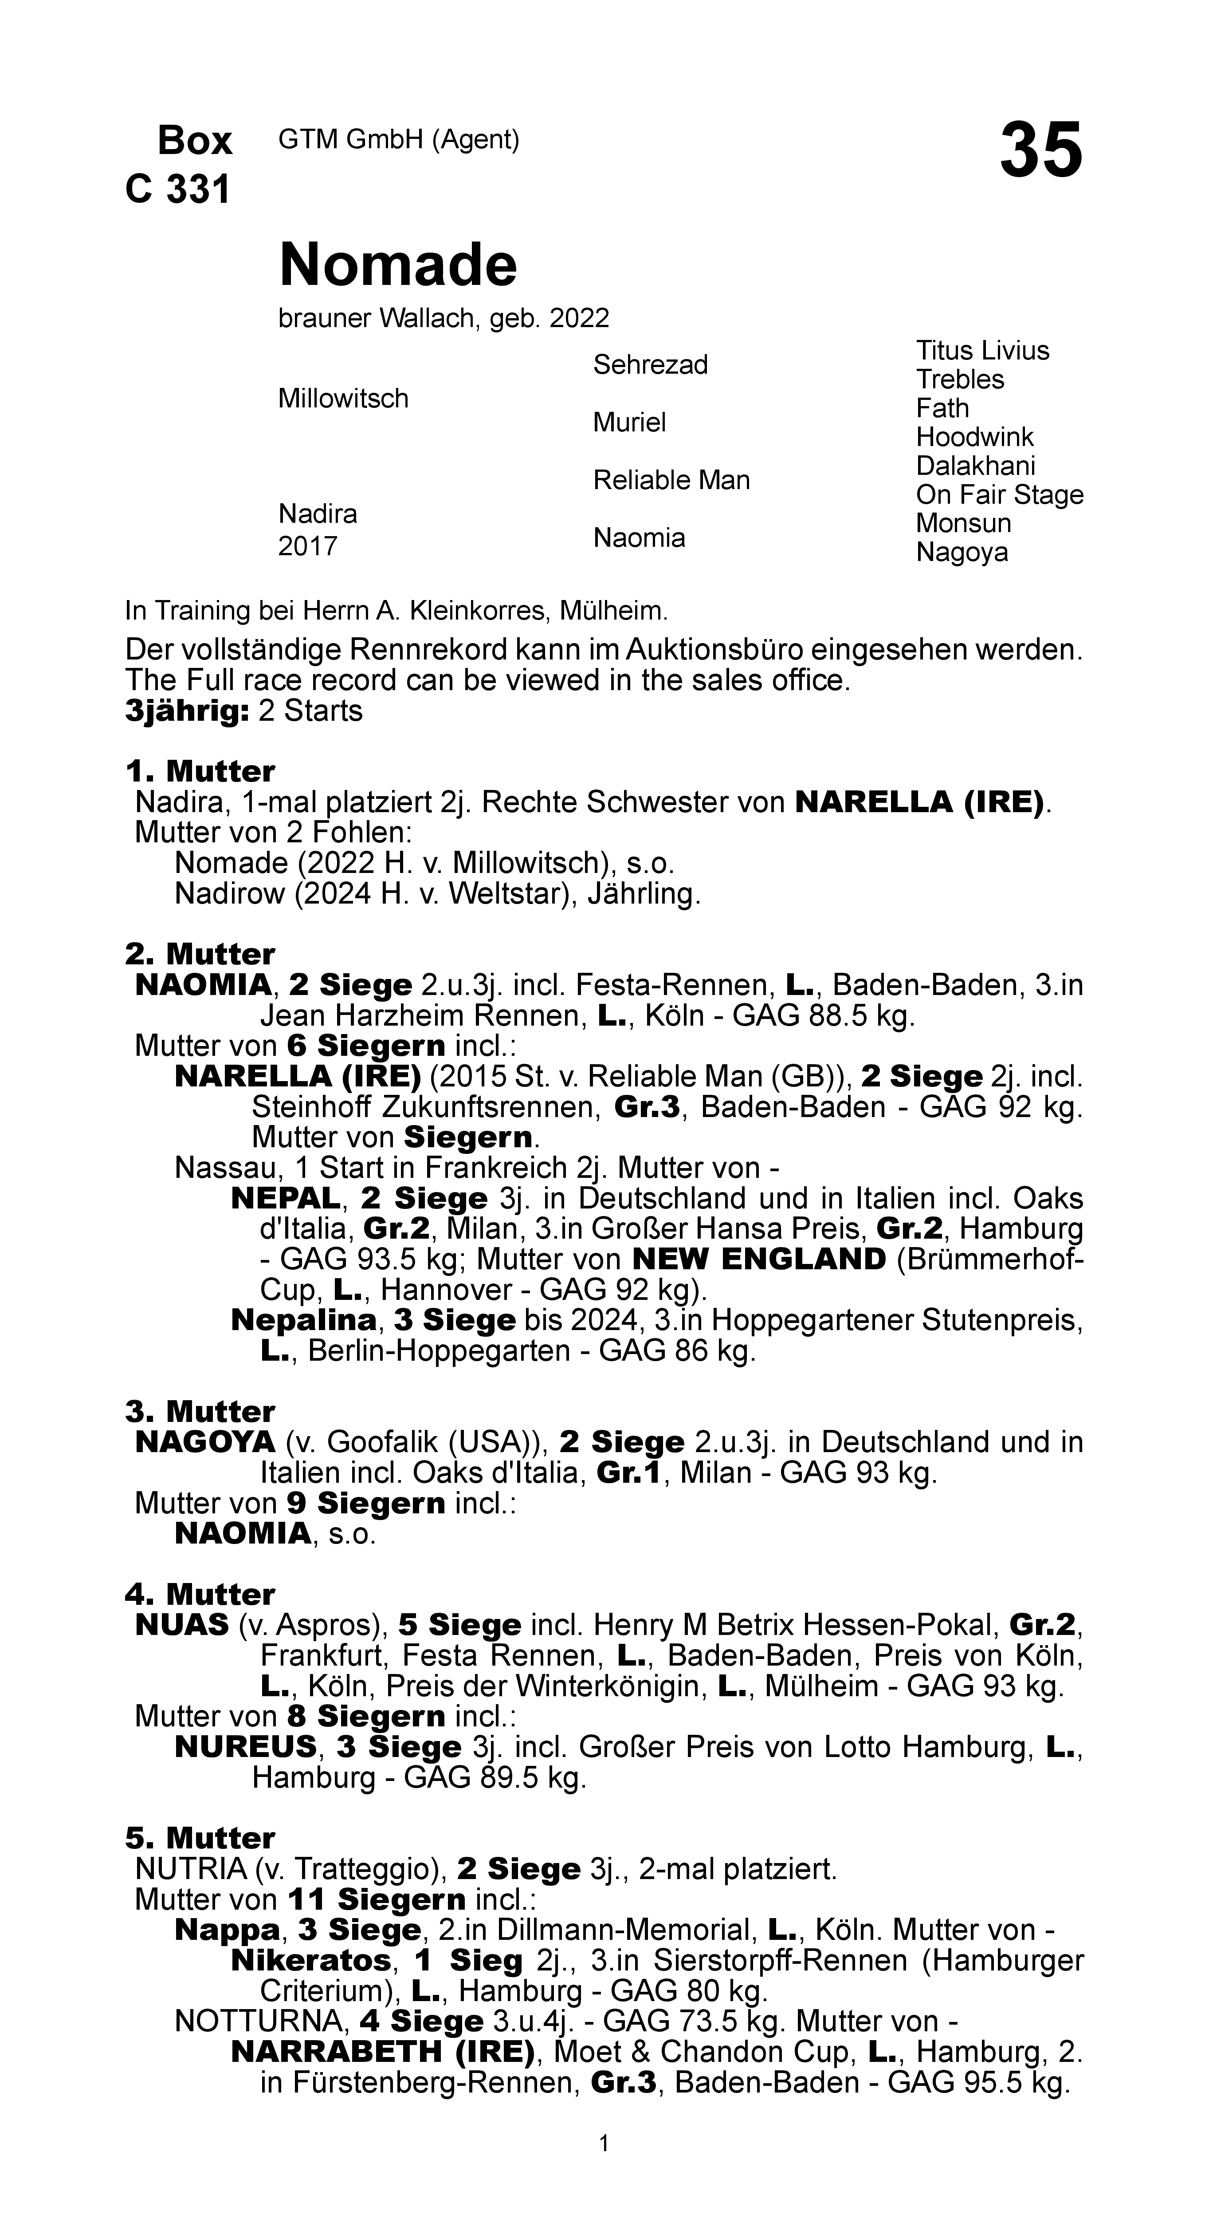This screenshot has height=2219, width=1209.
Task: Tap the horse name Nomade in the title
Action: [398, 265]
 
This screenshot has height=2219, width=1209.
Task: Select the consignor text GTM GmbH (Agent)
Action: [399, 139]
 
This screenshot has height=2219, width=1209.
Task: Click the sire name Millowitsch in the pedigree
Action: [343, 399]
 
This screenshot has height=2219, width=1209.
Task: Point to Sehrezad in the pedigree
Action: [650, 365]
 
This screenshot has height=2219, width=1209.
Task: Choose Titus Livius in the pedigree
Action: [981, 351]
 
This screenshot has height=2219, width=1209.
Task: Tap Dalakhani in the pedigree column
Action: [975, 466]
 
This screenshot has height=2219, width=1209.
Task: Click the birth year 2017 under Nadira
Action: [307, 546]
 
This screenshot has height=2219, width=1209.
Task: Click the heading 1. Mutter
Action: [200, 771]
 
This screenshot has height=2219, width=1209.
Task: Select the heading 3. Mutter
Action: [200, 1412]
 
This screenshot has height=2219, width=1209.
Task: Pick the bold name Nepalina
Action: [304, 1320]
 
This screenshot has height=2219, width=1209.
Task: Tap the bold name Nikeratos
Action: [310, 1961]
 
